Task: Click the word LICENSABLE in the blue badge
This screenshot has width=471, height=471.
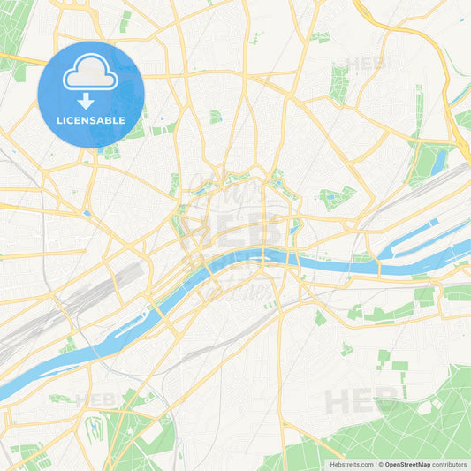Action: (x=91, y=120)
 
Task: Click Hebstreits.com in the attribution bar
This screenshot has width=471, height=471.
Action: (x=352, y=464)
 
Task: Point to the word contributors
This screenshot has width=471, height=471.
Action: (x=450, y=464)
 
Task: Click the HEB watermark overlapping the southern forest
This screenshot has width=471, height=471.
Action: (x=356, y=402)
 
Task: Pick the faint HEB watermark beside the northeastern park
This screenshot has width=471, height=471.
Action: (x=368, y=64)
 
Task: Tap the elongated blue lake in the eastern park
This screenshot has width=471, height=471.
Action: (x=439, y=160)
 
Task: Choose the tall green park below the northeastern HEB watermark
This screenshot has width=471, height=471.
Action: (x=338, y=84)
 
